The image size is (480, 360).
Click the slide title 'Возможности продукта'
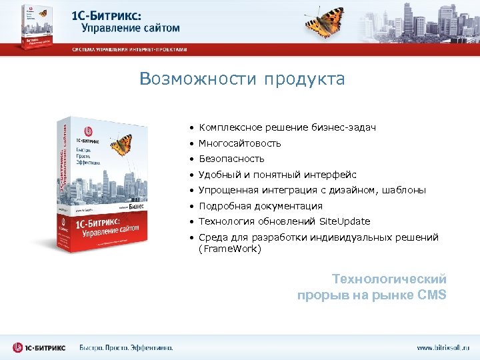click(242, 79)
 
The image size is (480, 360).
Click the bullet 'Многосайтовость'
click(240, 143)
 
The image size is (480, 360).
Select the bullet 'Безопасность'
click(231, 159)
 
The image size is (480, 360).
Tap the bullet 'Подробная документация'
click(260, 206)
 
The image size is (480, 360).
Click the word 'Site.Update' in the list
click(344, 221)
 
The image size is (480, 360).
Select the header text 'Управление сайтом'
click(131, 28)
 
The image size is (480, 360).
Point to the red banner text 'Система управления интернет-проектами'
click(130, 50)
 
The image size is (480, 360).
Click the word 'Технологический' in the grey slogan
click(389, 279)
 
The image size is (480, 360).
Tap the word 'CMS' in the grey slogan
click(431, 295)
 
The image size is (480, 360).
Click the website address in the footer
click(443, 347)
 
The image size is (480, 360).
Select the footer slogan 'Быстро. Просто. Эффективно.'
click(126, 347)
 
